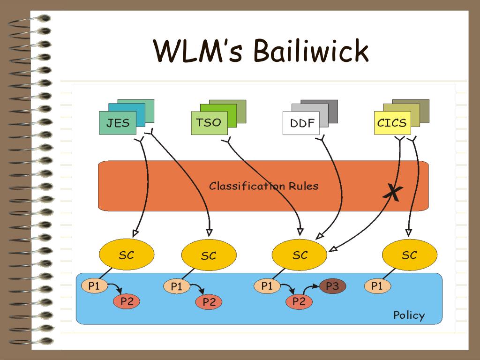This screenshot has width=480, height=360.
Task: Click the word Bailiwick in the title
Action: click(311, 51)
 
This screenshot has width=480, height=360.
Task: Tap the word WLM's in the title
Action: click(198, 51)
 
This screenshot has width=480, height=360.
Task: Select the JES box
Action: click(118, 123)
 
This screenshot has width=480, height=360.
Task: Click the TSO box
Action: click(210, 123)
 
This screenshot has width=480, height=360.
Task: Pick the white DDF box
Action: click(301, 123)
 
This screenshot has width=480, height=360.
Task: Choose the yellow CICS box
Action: click(392, 123)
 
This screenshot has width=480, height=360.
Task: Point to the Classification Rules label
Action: click(263, 186)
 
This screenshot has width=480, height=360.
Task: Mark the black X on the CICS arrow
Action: click(393, 193)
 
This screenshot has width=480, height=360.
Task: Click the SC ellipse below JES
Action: click(127, 255)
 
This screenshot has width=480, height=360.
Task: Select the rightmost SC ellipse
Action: click(410, 255)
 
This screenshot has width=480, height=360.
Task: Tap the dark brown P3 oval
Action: click(332, 286)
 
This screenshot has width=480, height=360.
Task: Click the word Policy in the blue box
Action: click(409, 315)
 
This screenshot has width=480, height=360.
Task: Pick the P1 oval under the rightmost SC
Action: click(377, 286)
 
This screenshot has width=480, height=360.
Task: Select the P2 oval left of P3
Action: click(299, 301)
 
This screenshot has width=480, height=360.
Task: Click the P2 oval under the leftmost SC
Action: click(127, 301)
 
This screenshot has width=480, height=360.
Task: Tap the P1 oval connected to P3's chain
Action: click(267, 286)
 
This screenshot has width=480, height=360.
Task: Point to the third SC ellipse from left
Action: click(300, 255)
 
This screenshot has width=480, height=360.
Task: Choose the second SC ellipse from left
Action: click(209, 255)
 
